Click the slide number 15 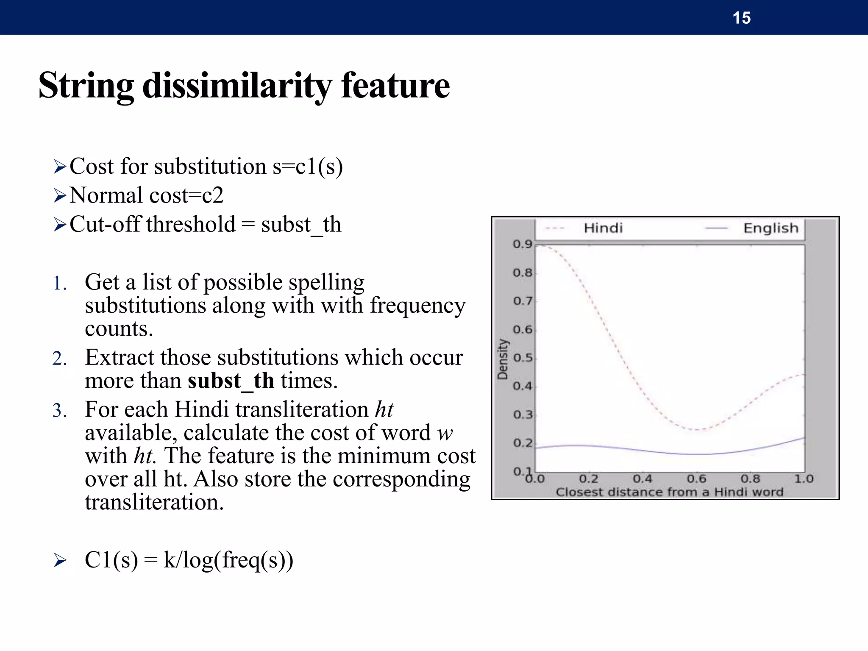point(741,18)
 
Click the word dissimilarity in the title point(237,86)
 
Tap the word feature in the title point(395,86)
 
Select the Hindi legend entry point(603,228)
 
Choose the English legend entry point(770,228)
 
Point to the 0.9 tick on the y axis point(522,244)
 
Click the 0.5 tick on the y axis point(522,358)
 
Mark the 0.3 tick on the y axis point(522,415)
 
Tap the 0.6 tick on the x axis point(696,479)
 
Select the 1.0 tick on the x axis point(804,479)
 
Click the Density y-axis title point(503,359)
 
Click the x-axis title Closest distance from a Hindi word point(669,492)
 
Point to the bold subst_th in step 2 point(231,381)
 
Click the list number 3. point(59,411)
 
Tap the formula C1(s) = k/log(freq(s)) point(189,560)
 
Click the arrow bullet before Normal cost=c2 point(60,196)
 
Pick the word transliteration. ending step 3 point(154,502)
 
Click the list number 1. point(59,284)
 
